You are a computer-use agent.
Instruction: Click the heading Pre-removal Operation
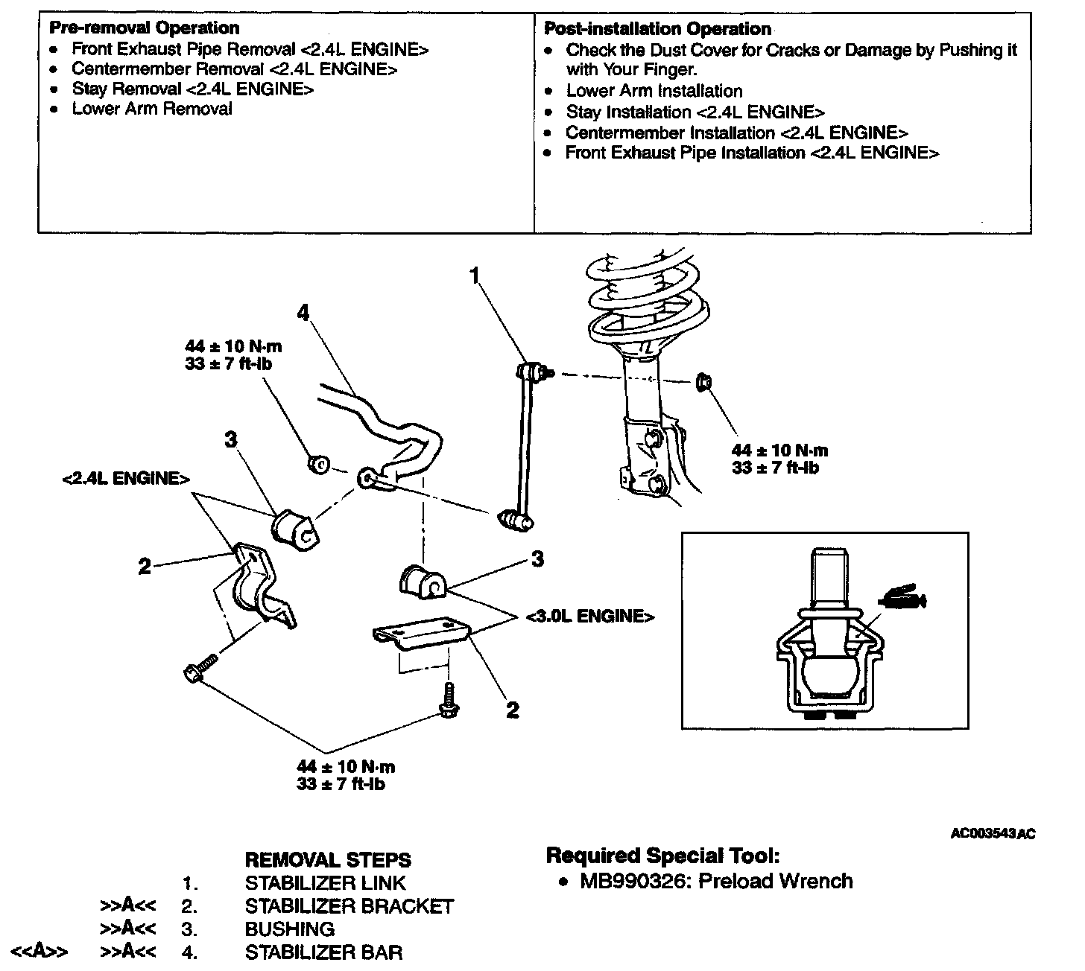coord(144,28)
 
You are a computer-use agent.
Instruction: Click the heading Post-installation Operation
coord(658,29)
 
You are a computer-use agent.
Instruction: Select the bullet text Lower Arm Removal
coord(152,109)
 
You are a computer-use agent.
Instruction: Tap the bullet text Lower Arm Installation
coord(654,91)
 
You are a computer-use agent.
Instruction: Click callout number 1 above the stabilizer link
coord(475,276)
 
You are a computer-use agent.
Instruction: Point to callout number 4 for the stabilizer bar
coord(302,313)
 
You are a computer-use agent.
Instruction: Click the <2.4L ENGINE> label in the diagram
coord(126,478)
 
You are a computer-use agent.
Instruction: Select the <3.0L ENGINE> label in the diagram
coord(590,616)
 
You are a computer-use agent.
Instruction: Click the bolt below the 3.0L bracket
coord(449,702)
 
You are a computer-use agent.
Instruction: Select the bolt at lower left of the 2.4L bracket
coord(200,668)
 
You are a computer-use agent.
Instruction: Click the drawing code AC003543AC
coord(993,834)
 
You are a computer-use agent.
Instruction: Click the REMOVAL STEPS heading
coord(328,860)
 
